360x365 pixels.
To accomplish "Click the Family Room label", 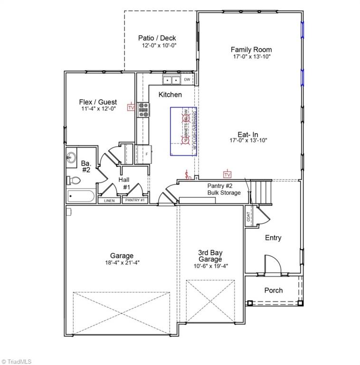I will tap(251, 49).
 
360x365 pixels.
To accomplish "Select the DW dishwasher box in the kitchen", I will tap(188, 79).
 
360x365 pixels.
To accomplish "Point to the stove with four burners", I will tap(143, 110).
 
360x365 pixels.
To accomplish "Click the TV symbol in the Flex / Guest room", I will tap(131, 108).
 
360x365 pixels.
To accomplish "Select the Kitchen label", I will tap(170, 95).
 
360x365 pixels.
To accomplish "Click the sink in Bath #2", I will tap(72, 158).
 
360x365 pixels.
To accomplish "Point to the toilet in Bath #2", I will tap(71, 180).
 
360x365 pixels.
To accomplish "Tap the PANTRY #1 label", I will tap(135, 201).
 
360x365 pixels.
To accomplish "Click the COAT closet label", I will tap(248, 216).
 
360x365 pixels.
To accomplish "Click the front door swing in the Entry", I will tap(272, 264).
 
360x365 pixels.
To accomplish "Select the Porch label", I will tap(273, 290).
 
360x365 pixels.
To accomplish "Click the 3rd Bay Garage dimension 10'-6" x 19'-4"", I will tap(210, 266).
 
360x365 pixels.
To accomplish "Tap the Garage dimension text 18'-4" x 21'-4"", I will tap(122, 262).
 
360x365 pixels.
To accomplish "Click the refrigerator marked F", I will tap(143, 154).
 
